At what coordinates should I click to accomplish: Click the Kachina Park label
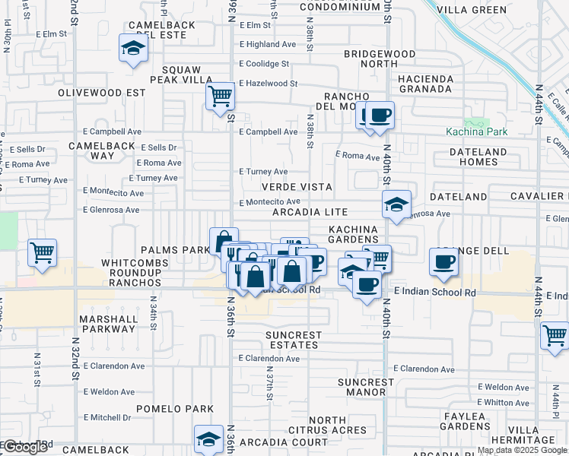coord(476,131)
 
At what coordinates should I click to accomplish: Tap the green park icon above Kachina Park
coord(478,122)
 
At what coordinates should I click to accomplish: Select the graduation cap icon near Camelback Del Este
coord(133,49)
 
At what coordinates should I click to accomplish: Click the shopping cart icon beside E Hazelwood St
coord(220,97)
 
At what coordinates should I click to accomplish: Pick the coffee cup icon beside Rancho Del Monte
coord(380,116)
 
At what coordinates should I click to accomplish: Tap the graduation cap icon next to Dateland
coord(396,204)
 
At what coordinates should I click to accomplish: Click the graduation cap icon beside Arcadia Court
coord(208,439)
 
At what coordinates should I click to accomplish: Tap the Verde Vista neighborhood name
coord(297,186)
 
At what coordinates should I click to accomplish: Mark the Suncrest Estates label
coord(294,340)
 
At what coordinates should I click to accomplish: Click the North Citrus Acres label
coord(338,426)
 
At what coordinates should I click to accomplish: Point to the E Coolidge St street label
coord(267,64)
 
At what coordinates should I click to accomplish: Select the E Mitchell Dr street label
coord(107,417)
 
